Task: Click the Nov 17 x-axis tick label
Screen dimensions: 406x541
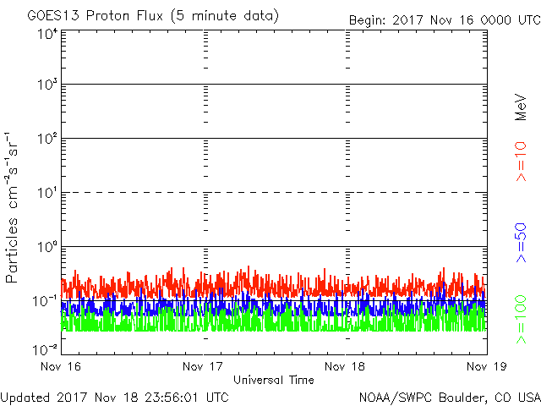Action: pyautogui.click(x=204, y=367)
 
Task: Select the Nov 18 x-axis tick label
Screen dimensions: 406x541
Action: pyautogui.click(x=345, y=367)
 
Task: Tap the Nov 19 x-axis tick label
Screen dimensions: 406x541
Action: pyautogui.click(x=486, y=367)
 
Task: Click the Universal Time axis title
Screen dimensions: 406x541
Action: pyautogui.click(x=274, y=380)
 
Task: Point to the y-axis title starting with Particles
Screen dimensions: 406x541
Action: pyautogui.click(x=14, y=207)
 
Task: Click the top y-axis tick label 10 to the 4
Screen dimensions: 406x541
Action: pyautogui.click(x=46, y=34)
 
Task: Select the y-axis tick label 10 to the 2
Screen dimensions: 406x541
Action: pyautogui.click(x=46, y=139)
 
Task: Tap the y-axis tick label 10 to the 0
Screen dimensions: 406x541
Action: pyautogui.click(x=46, y=247)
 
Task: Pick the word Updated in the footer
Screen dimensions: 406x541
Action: pyautogui.click(x=26, y=396)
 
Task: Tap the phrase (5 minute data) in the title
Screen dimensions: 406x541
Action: pyautogui.click(x=223, y=16)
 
